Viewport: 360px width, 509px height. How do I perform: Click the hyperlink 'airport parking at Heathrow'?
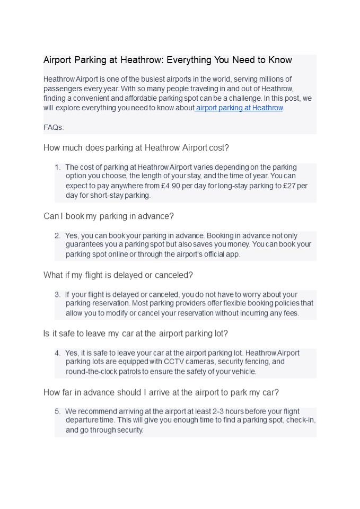(x=240, y=108)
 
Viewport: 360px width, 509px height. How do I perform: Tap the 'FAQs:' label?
(x=54, y=127)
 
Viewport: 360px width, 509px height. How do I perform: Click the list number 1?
(x=57, y=167)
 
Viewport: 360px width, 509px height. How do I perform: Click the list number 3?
(x=57, y=294)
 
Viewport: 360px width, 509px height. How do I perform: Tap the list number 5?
(x=57, y=411)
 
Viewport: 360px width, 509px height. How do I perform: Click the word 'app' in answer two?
(x=231, y=254)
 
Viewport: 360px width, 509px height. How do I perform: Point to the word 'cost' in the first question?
(x=219, y=147)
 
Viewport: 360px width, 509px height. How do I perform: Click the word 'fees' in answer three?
(x=290, y=313)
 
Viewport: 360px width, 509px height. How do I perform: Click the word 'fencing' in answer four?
(x=257, y=362)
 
